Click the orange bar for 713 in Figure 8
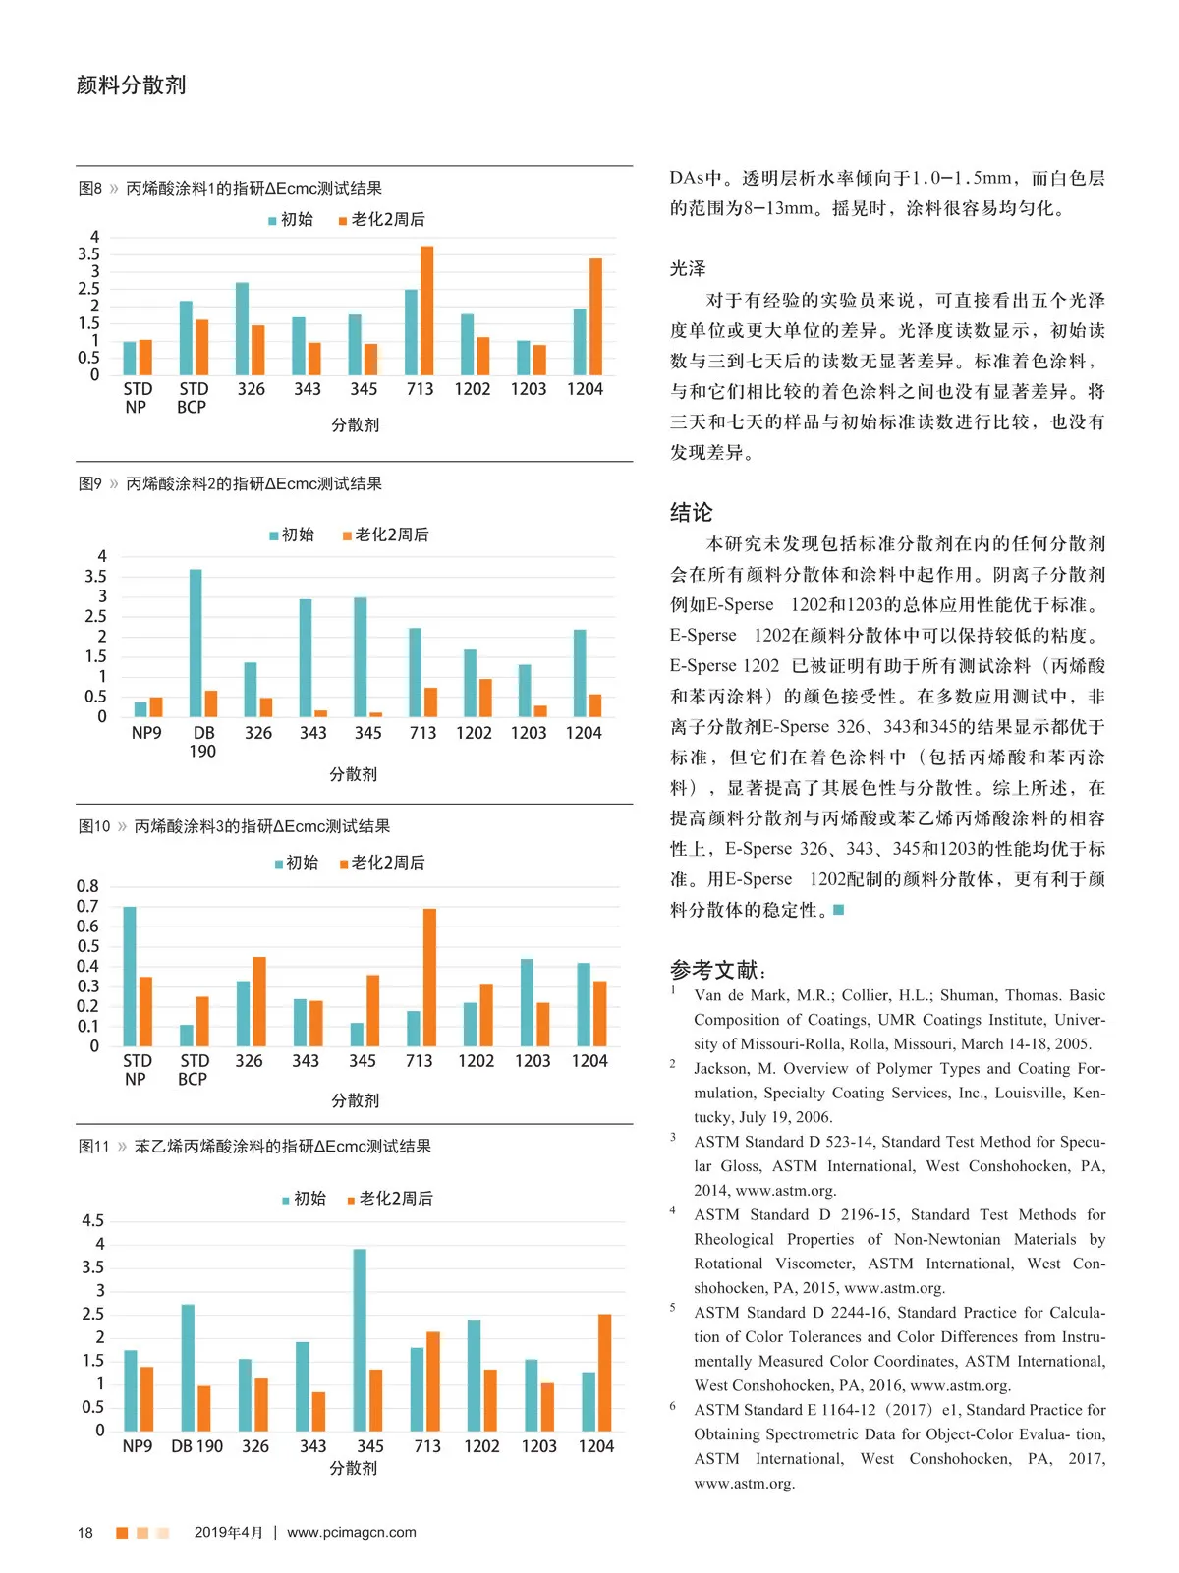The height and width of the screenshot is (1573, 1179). [426, 310]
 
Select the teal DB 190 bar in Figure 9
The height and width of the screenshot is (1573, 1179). [196, 643]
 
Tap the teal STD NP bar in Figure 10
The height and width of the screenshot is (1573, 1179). [130, 976]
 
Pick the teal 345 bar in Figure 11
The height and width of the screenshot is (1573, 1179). [360, 1339]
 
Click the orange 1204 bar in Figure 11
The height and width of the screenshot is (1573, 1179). [604, 1372]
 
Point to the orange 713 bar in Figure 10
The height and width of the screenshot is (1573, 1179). [429, 977]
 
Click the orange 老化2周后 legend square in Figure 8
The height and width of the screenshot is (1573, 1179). [343, 221]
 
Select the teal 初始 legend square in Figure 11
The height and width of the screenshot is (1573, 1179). [286, 1200]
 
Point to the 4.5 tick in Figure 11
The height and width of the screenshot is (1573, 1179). [92, 1221]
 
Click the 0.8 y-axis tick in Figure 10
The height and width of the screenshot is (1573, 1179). [87, 886]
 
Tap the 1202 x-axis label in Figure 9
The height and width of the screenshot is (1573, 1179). [474, 733]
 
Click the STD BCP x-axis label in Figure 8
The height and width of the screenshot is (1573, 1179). [193, 398]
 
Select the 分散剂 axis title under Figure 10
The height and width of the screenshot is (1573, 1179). [355, 1100]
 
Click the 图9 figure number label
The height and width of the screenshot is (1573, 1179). [90, 484]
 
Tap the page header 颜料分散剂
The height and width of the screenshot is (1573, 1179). [131, 85]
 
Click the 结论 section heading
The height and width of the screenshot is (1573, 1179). [691, 512]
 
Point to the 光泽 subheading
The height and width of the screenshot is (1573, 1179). [688, 268]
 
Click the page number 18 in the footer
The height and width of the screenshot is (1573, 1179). [85, 1533]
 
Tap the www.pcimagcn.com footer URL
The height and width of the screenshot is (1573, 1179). [351, 1532]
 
